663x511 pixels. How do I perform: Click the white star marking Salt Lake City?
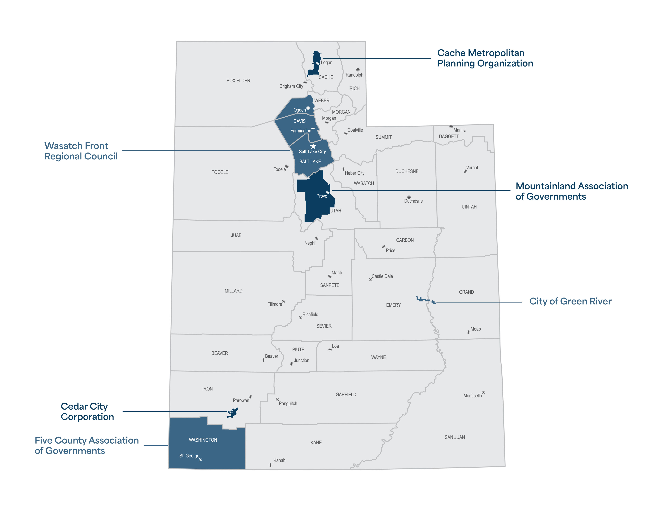pos(313,146)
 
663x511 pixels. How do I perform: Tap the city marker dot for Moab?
pos(468,332)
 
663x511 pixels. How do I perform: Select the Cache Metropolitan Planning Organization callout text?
pos(485,58)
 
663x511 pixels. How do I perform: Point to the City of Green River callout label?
pos(570,301)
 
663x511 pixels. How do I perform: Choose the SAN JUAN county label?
pos(454,437)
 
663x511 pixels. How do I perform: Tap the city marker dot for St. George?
pos(200,460)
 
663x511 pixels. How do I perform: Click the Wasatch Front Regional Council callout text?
pos(81,151)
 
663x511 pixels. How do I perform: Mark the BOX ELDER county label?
pos(238,81)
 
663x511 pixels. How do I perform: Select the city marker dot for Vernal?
pos(465,171)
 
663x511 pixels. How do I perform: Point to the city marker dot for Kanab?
pos(270,465)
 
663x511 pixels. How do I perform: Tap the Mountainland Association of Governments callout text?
pos(572,191)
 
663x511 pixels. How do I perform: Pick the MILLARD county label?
pos(234,291)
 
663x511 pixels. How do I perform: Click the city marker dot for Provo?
pos(328,192)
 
